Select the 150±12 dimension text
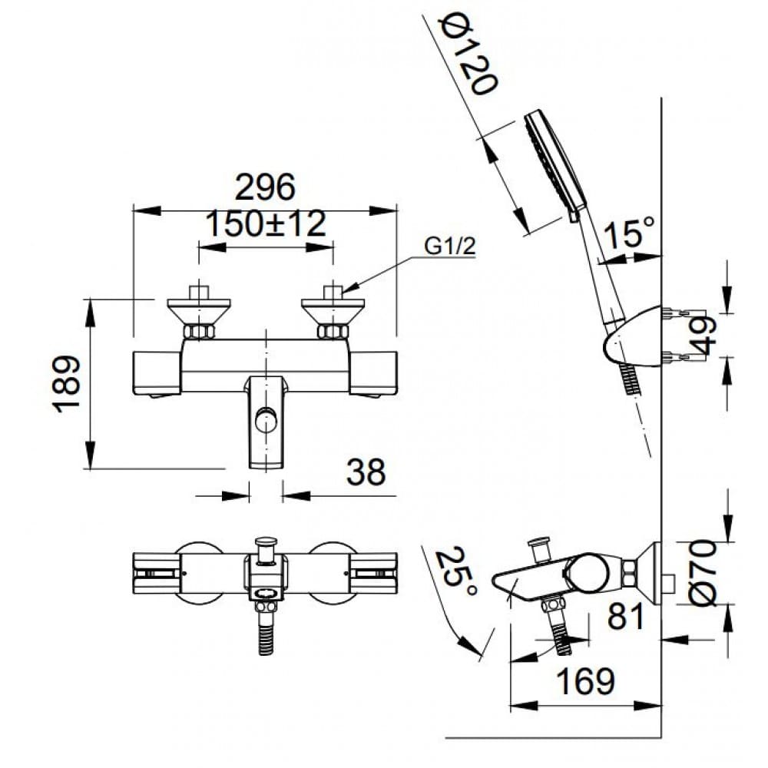[266, 225]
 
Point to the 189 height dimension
[68, 383]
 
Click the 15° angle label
[629, 233]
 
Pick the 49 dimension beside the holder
[704, 335]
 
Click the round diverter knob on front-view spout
[266, 421]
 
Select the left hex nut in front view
[200, 332]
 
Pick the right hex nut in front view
[333, 332]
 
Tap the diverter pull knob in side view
[538, 547]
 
